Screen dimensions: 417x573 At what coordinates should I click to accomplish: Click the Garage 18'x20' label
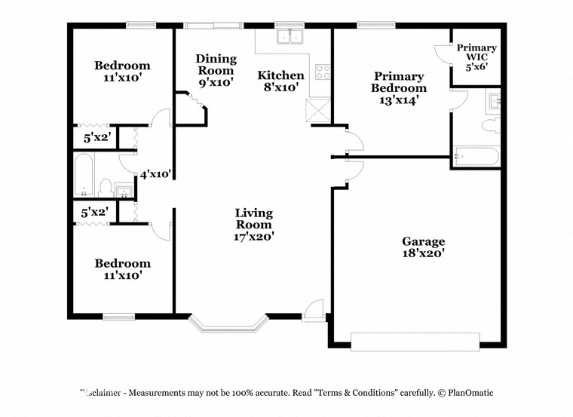[x=423, y=248]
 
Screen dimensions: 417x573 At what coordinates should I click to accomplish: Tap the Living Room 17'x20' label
[x=253, y=225]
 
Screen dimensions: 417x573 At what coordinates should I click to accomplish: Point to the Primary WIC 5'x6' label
[x=476, y=57]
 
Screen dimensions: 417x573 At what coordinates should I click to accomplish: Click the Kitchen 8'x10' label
[x=280, y=81]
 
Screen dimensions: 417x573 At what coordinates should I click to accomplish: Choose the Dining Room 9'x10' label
[x=216, y=70]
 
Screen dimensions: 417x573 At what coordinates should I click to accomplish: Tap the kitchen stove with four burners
[x=322, y=72]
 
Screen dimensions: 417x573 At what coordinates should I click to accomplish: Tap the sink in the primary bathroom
[x=495, y=101]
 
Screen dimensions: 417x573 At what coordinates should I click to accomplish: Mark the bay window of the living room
[x=228, y=324]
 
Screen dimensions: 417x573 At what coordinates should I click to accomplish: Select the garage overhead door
[x=415, y=341]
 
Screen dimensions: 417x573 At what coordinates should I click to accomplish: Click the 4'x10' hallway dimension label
[x=156, y=174]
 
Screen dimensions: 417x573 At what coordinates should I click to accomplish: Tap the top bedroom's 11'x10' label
[x=121, y=72]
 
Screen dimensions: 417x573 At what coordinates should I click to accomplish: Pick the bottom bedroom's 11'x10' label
[x=121, y=269]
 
